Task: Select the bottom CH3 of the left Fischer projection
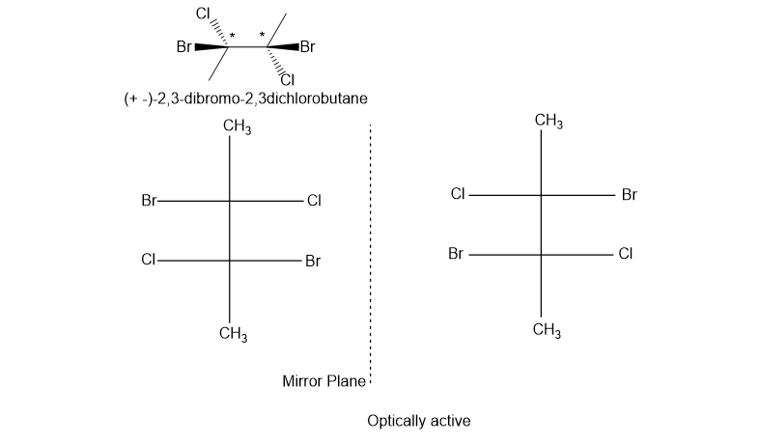[x=234, y=335]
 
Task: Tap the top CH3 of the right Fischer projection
[x=548, y=121]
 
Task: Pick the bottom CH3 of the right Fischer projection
[x=547, y=331]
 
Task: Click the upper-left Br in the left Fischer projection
[x=149, y=202]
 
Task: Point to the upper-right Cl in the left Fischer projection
[x=314, y=202]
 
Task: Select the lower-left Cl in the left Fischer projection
[x=149, y=260]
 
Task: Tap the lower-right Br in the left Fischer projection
[x=313, y=261]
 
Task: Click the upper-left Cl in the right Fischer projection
[x=459, y=194]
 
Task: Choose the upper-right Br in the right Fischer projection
[x=630, y=195]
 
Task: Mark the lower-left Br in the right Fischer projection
[x=457, y=255]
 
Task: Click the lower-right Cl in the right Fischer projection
[x=626, y=255]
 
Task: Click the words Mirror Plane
[x=323, y=381]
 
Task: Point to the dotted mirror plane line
[x=370, y=251]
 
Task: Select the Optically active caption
[x=418, y=422]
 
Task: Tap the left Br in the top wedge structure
[x=184, y=45]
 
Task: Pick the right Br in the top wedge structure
[x=308, y=45]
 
